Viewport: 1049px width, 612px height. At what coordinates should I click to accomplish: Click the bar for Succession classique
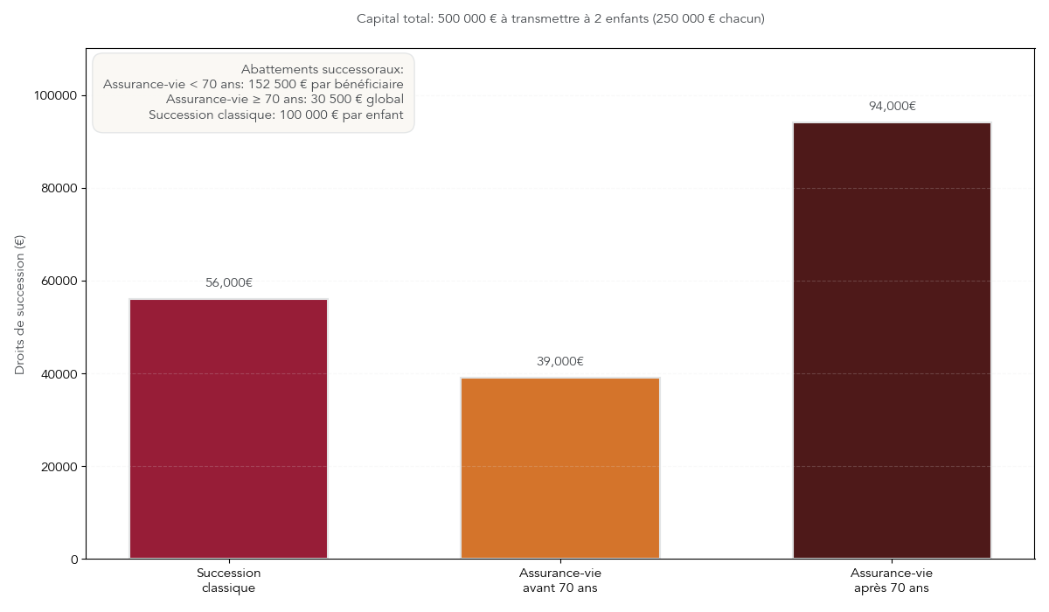(x=228, y=428)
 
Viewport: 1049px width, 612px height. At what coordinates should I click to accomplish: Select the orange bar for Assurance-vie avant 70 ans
(x=560, y=468)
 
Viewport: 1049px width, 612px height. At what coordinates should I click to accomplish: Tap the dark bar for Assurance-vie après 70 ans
(x=892, y=340)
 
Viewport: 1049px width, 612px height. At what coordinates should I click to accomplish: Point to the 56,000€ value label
(x=229, y=282)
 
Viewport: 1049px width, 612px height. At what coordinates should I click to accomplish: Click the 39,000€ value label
(x=560, y=361)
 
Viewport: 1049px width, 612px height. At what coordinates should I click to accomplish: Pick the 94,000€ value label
(x=892, y=106)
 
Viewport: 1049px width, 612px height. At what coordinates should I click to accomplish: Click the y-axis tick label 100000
(x=59, y=95)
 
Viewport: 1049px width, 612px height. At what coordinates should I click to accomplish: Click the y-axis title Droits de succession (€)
(x=20, y=304)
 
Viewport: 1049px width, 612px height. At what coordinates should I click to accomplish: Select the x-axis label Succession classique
(x=228, y=581)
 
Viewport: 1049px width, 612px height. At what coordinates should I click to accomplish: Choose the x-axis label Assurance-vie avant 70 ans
(x=560, y=581)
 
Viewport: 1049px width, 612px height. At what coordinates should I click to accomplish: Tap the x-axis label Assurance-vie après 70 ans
(x=892, y=581)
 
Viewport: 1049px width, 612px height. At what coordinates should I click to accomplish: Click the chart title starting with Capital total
(x=560, y=18)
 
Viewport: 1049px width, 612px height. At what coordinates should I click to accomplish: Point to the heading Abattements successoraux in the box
(x=322, y=69)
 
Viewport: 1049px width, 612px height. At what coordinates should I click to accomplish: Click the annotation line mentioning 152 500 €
(x=254, y=84)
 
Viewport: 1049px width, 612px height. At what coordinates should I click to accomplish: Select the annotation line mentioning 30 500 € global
(x=285, y=99)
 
